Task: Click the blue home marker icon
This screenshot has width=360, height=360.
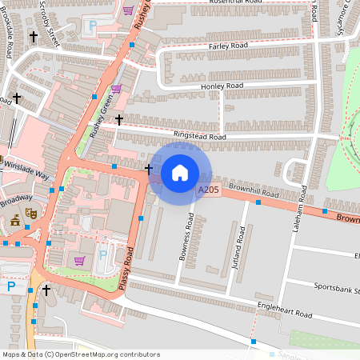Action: tap(180, 172)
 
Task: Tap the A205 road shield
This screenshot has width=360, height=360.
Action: tap(208, 189)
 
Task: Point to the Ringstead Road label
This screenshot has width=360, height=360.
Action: tap(196, 136)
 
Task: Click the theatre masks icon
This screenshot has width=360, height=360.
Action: tap(31, 213)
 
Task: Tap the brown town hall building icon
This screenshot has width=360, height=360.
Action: tap(15, 222)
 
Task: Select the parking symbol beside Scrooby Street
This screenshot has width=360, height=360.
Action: tap(93, 26)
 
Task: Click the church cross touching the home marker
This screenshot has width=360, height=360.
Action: tap(150, 170)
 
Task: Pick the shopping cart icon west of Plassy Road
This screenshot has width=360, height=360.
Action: tap(79, 261)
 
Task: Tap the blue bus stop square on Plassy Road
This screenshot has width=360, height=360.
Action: tap(141, 218)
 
